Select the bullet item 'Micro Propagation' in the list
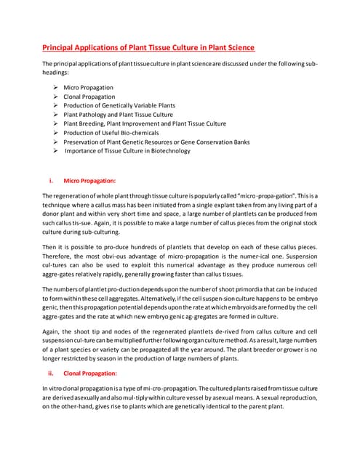pyautogui.click(x=88, y=87)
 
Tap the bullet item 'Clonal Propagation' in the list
pyautogui.click(x=89, y=97)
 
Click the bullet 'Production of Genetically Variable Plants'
pyautogui.click(x=119, y=105)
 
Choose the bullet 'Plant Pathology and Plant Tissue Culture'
pyautogui.click(x=118, y=114)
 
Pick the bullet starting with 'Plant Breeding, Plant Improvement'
pyautogui.click(x=145, y=124)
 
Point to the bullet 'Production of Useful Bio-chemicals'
pyautogui.click(x=110, y=132)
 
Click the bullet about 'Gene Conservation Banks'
pyautogui.click(x=218, y=142)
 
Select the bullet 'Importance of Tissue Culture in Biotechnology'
pyautogui.click(x=128, y=150)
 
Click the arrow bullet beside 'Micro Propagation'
pyautogui.click(x=56, y=87)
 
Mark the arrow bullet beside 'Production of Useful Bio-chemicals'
pyautogui.click(x=56, y=132)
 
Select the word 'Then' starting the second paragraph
pyautogui.click(x=49, y=248)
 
